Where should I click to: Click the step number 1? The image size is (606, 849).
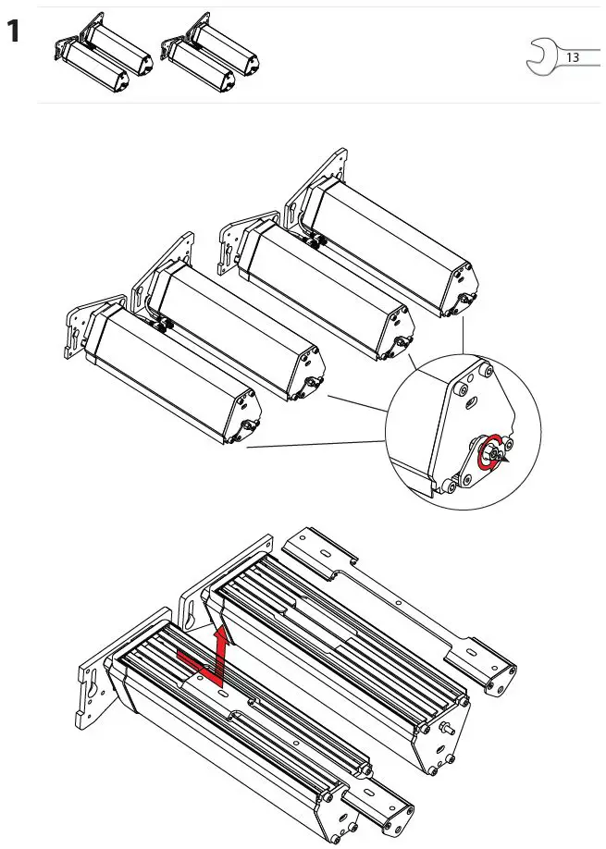click(x=14, y=33)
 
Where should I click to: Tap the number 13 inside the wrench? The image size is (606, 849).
click(x=572, y=57)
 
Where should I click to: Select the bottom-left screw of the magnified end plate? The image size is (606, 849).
click(x=448, y=485)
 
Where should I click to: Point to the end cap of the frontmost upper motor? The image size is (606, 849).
click(x=241, y=412)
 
